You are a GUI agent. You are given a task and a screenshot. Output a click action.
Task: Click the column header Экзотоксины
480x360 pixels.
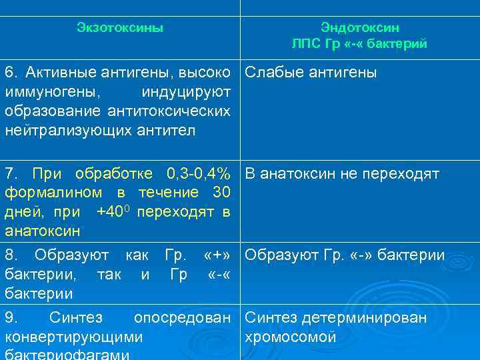click(120, 28)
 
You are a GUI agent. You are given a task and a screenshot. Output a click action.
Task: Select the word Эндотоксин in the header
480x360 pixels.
click(359, 28)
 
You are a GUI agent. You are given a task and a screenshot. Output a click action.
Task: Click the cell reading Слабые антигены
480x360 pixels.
click(311, 72)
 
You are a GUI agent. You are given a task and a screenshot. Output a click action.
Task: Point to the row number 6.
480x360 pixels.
click(10, 72)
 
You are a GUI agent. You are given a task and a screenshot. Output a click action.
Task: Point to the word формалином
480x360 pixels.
click(54, 193)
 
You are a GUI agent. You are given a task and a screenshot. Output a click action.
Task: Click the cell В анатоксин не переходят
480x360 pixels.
click(342, 175)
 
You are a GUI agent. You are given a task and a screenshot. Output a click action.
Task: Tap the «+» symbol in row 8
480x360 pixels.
click(218, 255)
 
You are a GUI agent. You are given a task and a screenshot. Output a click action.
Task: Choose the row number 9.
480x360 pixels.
click(10, 318)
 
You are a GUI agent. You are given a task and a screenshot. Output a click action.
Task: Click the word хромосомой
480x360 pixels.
click(291, 337)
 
